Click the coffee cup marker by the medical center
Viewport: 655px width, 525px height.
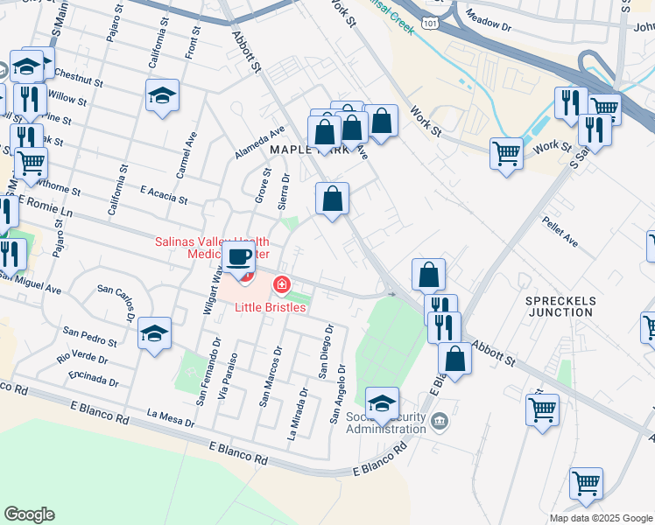pyautogui.click(x=238, y=257)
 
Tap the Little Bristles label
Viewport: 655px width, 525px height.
pyautogui.click(x=270, y=308)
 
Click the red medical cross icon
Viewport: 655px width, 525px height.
pyautogui.click(x=282, y=283)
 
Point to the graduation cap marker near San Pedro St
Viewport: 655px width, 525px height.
pyautogui.click(x=154, y=333)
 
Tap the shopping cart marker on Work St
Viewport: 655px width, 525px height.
pyautogui.click(x=507, y=152)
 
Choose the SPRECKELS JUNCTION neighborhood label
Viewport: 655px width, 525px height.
pyautogui.click(x=560, y=306)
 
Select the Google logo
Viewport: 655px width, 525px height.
pyautogui.click(x=29, y=514)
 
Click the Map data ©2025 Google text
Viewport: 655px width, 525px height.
pyautogui.click(x=601, y=518)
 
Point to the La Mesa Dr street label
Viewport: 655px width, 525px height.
pyautogui.click(x=171, y=417)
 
